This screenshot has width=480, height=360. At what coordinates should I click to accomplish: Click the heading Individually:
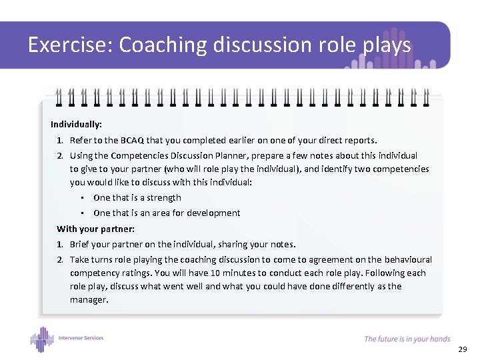pyautogui.click(x=76, y=124)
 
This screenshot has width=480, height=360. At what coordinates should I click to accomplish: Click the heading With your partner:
pyautogui.click(x=95, y=229)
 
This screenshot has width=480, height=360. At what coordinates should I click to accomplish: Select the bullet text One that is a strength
pyautogui.click(x=137, y=197)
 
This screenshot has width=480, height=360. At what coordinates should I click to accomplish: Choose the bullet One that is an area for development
pyautogui.click(x=167, y=213)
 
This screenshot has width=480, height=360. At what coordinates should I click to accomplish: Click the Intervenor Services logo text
pyautogui.click(x=81, y=338)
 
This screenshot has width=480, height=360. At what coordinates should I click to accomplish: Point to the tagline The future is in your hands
pyautogui.click(x=407, y=339)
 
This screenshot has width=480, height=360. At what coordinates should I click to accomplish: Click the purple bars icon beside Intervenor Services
pyautogui.click(x=41, y=339)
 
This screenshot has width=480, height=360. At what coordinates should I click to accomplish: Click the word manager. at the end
pyautogui.click(x=89, y=300)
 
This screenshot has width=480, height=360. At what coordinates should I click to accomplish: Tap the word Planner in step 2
pyautogui.click(x=231, y=155)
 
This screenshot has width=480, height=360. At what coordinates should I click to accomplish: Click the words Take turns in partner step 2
pyautogui.click(x=93, y=259)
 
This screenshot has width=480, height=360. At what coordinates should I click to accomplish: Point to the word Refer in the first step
pyautogui.click(x=81, y=141)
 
